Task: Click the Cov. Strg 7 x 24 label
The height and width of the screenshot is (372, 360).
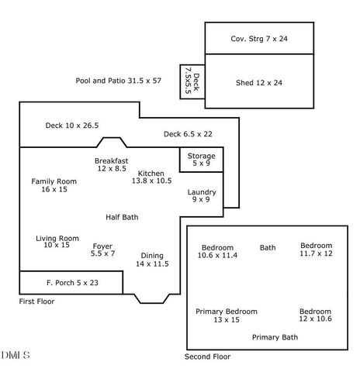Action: click(x=259, y=38)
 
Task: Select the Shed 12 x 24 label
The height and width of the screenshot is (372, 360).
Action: click(x=259, y=82)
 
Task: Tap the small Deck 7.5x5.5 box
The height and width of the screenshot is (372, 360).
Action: click(x=191, y=81)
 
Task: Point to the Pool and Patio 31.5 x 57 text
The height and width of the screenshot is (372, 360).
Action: click(x=119, y=81)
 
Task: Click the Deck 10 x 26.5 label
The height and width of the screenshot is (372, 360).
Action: click(x=72, y=125)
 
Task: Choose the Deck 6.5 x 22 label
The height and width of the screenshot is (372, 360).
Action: click(x=188, y=134)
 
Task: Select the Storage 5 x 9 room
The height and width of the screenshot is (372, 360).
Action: click(x=201, y=160)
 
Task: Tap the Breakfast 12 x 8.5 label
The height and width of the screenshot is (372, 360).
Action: click(x=112, y=164)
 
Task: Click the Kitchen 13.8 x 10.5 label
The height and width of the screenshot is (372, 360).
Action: click(x=151, y=177)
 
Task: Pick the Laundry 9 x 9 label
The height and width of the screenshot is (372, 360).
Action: click(x=202, y=195)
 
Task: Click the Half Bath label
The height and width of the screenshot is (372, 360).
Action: click(x=122, y=217)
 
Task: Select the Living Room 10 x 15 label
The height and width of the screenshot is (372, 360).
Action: click(x=57, y=241)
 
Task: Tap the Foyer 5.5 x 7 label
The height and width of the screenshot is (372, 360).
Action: click(x=102, y=250)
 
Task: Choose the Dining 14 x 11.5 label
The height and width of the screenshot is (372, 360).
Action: click(x=151, y=260)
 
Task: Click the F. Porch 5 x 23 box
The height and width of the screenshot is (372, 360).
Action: click(x=70, y=283)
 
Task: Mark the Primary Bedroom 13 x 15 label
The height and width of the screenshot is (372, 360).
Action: click(x=227, y=315)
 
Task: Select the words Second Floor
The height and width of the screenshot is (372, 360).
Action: click(x=207, y=356)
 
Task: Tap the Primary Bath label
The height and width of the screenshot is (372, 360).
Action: click(x=275, y=337)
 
